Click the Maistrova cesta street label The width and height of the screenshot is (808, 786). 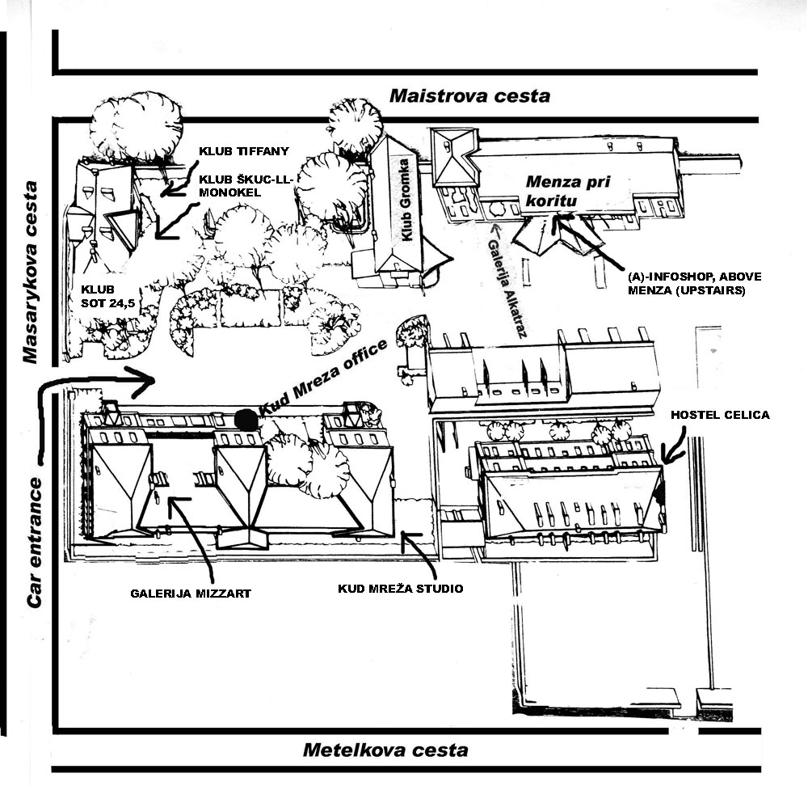469,96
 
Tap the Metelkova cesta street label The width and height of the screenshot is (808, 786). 385,750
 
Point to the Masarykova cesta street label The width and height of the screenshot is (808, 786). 30,272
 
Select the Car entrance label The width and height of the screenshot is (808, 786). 34,543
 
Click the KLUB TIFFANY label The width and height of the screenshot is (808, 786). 244,152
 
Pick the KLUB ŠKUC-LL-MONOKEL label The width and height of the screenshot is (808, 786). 246,186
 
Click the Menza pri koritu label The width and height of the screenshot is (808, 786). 566,190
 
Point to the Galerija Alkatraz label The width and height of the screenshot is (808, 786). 507,289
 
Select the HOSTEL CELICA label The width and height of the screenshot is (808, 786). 720,415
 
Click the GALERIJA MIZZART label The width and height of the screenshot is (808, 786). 190,594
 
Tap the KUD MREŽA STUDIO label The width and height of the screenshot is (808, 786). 401,589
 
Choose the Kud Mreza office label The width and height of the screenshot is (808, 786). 323,378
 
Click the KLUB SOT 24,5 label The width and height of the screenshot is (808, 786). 107,297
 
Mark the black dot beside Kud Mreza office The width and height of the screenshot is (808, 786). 246,420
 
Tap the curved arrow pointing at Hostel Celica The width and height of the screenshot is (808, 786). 675,444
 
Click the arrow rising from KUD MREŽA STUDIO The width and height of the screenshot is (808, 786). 420,551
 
